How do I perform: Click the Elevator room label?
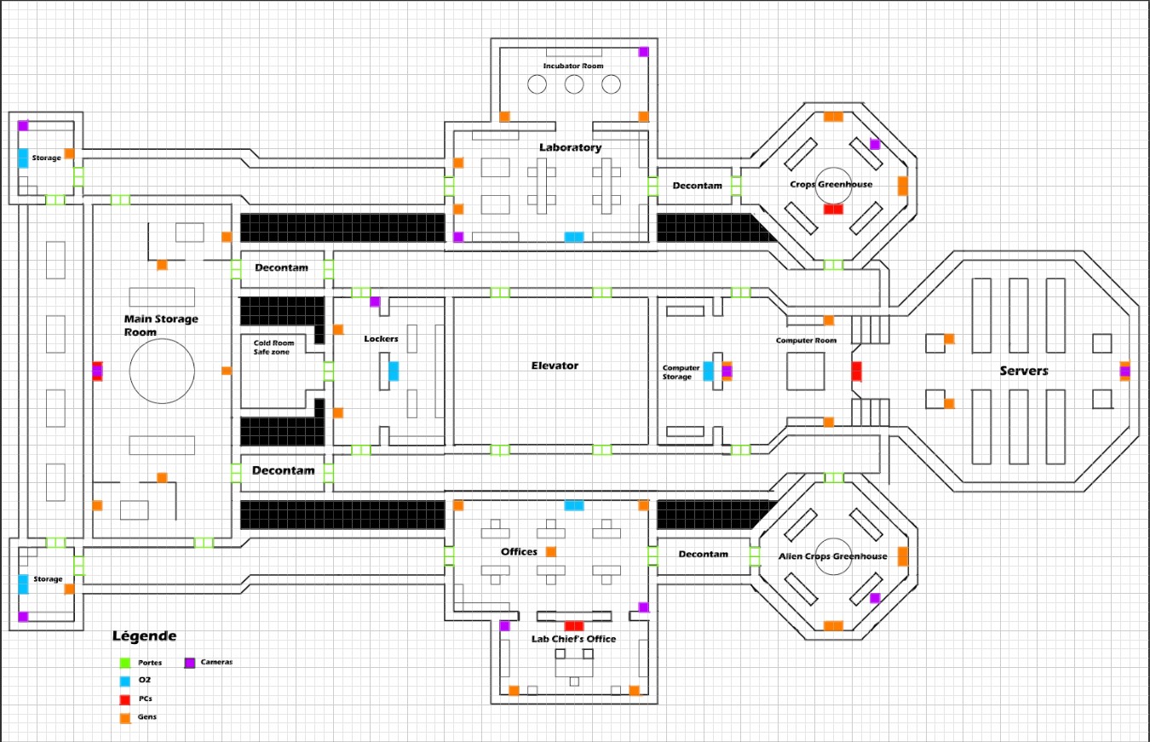click(x=555, y=365)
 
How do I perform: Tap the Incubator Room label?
click(x=573, y=66)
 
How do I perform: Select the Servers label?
click(x=1023, y=371)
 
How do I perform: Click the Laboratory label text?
click(x=570, y=147)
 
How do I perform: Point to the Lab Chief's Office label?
click(x=573, y=639)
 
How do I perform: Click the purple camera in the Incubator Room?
click(x=643, y=52)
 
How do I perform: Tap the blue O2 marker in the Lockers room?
click(x=394, y=371)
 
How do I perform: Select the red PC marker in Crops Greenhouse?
click(x=832, y=209)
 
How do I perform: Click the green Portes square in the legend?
click(x=124, y=662)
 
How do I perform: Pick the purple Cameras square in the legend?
click(x=189, y=662)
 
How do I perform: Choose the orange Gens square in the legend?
click(x=124, y=716)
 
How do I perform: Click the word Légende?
click(x=144, y=636)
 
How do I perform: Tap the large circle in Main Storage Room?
click(x=162, y=371)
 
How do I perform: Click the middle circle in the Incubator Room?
click(x=573, y=83)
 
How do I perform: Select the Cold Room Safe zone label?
click(x=273, y=348)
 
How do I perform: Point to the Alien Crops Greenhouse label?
click(x=832, y=556)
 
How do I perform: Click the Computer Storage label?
click(x=681, y=372)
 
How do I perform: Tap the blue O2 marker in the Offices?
click(x=574, y=505)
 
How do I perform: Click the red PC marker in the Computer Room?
click(x=856, y=371)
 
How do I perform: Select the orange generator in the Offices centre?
click(x=551, y=552)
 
